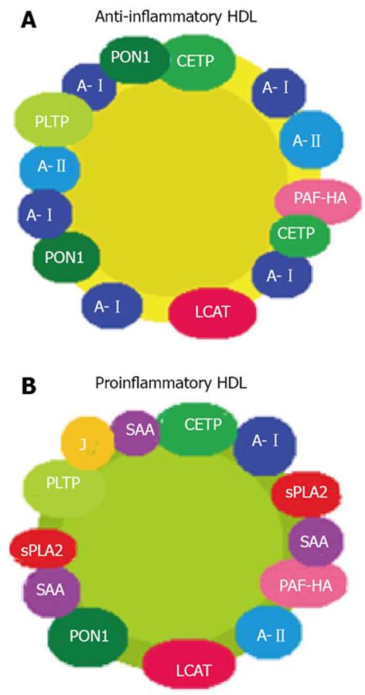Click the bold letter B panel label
pos(29,386)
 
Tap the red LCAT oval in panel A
pos(213,312)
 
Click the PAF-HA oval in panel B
pos(305,584)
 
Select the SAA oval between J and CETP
pos(135,430)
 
